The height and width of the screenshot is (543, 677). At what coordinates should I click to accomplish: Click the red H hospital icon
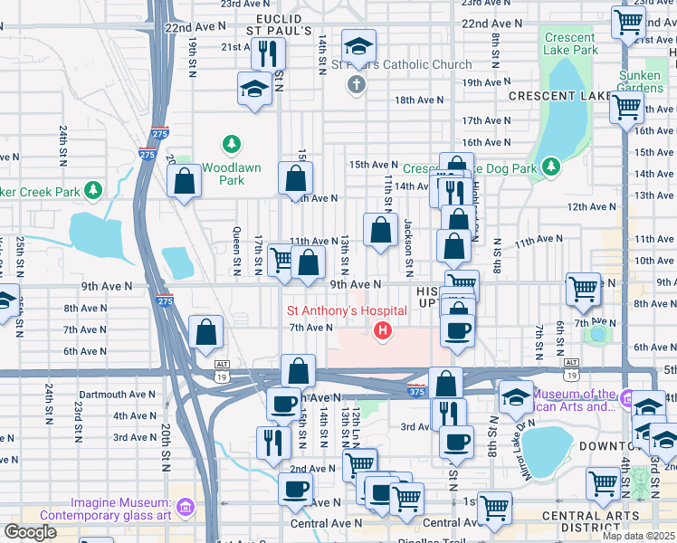click(x=383, y=332)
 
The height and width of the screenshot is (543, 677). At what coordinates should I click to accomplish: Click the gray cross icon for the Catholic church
click(x=357, y=85)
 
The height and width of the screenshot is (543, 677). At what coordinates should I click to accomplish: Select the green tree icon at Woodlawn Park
click(x=232, y=144)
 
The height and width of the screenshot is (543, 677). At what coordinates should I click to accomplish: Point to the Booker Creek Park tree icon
click(x=92, y=190)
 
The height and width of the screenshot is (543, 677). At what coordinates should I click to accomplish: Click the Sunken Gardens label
click(x=640, y=81)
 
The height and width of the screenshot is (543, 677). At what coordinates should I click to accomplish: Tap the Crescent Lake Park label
click(x=569, y=43)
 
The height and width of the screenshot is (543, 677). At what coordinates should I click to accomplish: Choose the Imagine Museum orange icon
click(x=186, y=503)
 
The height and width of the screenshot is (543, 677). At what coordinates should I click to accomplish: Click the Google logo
click(x=30, y=532)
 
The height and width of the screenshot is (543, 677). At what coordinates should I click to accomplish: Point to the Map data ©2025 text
click(x=639, y=536)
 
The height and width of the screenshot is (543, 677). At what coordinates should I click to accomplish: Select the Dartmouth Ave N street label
click(x=117, y=395)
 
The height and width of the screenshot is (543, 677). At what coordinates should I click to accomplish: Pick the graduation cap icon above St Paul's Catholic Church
click(x=358, y=44)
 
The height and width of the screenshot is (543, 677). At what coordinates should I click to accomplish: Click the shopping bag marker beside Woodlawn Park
click(x=185, y=181)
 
